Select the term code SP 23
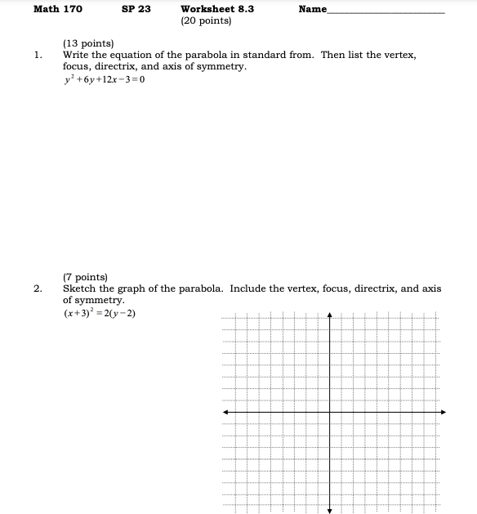pos(136,9)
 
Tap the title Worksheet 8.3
pos(217,9)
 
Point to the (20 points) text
pos(207,20)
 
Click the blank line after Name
pos(386,12)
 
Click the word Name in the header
pos(313,9)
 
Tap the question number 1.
pos(38,55)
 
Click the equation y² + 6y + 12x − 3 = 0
pos(104,79)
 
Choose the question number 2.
pos(38,288)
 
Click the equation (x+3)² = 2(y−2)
pos(99,313)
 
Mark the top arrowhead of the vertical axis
pos(330,315)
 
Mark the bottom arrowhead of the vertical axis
pos(330,511)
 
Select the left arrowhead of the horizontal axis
pos(225,412)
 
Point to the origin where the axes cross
pos(330,412)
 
